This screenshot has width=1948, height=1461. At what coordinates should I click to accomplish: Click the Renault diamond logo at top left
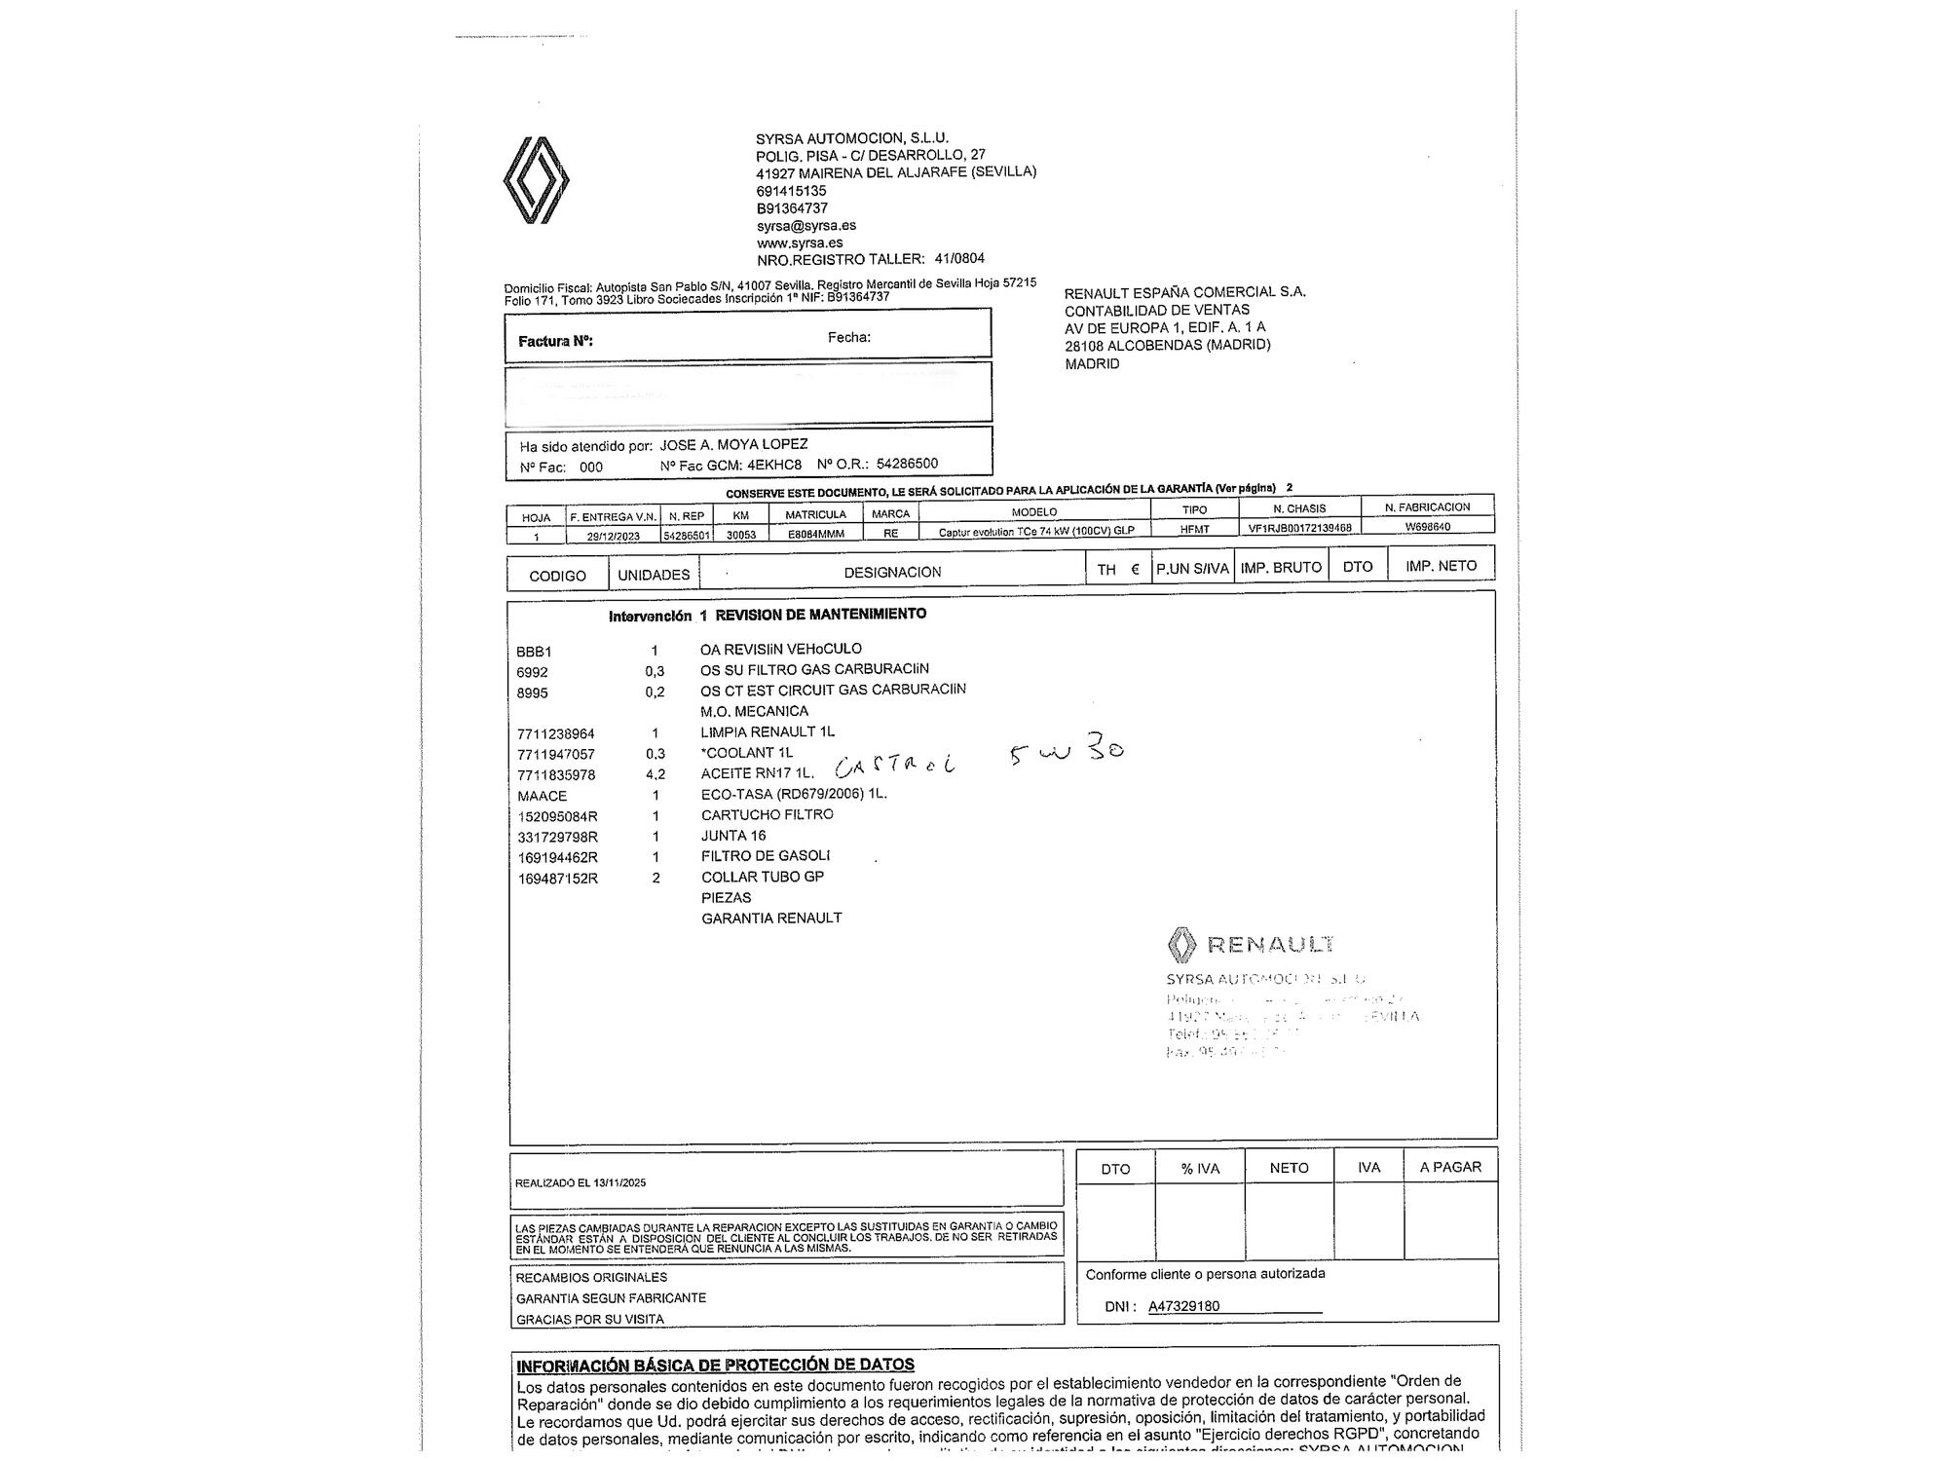tap(536, 180)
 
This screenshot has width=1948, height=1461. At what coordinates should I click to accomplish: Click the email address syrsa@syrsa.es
tap(806, 226)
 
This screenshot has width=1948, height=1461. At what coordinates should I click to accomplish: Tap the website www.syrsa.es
tap(800, 243)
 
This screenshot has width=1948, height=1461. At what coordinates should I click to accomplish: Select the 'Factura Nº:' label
tap(555, 342)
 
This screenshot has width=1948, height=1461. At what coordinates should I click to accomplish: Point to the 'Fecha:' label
tap(848, 338)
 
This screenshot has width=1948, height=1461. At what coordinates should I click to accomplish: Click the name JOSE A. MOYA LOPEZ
tap(733, 444)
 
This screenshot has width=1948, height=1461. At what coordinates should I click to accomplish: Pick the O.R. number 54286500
tap(907, 464)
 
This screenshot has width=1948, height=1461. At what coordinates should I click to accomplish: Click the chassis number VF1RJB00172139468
tap(1299, 528)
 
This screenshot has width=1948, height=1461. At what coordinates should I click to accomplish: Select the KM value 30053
tap(741, 535)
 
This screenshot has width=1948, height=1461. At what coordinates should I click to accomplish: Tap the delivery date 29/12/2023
tap(614, 536)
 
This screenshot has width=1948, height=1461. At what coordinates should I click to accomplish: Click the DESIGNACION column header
tap(892, 573)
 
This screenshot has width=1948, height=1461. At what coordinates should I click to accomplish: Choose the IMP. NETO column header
tap(1441, 566)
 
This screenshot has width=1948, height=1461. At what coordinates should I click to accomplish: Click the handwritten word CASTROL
tap(895, 768)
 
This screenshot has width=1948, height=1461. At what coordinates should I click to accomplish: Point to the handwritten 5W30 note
tap(1067, 753)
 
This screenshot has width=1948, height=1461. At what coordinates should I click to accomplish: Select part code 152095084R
tap(557, 816)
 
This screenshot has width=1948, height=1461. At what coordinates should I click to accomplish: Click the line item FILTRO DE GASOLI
tap(766, 856)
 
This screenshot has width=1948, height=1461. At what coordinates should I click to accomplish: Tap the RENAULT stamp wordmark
tap(1270, 944)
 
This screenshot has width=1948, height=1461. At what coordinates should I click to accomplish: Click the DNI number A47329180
tap(1183, 1306)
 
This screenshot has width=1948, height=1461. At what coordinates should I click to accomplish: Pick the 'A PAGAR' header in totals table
tap(1450, 1167)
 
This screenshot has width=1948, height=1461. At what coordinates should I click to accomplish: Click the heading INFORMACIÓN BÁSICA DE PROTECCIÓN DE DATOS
tap(715, 1366)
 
